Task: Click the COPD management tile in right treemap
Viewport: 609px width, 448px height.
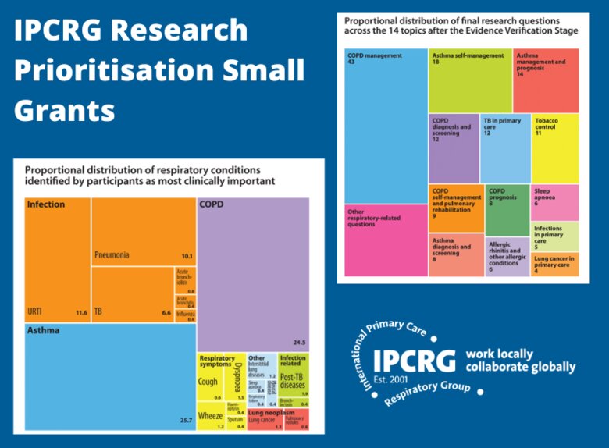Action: point(386,125)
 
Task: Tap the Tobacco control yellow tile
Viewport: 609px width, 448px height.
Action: point(555,148)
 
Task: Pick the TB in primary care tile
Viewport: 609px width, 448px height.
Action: point(504,148)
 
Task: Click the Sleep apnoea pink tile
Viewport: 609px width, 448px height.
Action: point(555,202)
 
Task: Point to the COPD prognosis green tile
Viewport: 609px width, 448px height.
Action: point(507,208)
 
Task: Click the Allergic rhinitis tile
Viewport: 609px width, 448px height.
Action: point(507,255)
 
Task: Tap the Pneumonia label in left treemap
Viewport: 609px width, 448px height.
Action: point(112,255)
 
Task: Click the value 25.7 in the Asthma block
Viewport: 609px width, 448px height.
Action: point(184,421)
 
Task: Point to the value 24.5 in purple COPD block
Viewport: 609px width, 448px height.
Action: point(297,342)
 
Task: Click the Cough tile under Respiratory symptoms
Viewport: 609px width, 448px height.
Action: point(208,382)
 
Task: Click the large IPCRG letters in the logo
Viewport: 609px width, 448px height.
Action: point(415,360)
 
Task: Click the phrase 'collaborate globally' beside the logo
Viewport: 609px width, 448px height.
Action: point(520,367)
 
